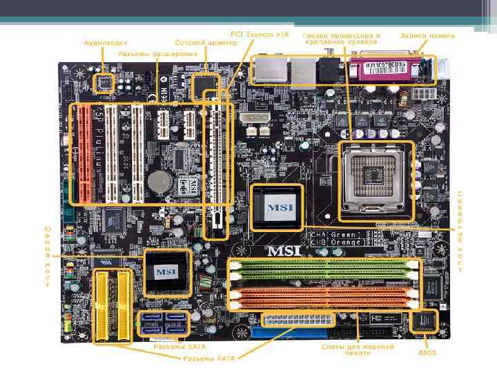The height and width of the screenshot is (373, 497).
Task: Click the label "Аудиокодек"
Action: point(105,42)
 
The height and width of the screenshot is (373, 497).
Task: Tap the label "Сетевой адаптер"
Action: point(197,42)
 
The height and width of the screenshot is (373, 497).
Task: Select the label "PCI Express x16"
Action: point(260,34)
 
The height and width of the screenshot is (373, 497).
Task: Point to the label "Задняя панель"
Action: point(426,35)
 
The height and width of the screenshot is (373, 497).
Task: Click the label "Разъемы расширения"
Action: point(157,54)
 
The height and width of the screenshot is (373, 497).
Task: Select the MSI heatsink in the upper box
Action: point(276,206)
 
